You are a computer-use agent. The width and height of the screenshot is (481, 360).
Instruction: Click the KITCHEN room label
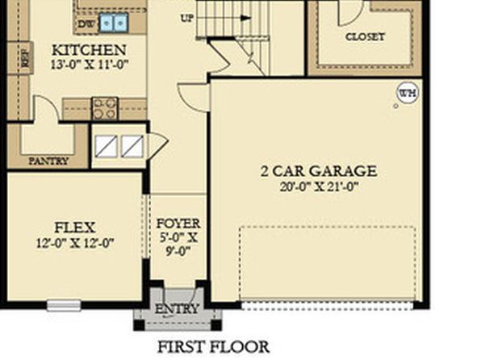[x=89, y=50]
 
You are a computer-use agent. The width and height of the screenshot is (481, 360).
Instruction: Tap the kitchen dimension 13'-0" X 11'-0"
[x=89, y=65]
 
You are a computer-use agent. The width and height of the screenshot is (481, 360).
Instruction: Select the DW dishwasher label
[x=86, y=24]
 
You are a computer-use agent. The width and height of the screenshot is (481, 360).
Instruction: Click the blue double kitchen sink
[x=114, y=23]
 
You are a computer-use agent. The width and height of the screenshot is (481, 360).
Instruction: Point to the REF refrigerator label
[x=26, y=59]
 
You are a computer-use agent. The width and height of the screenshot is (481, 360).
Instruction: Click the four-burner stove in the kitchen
[x=105, y=108]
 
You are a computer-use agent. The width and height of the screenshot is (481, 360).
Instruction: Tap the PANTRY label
[x=48, y=161]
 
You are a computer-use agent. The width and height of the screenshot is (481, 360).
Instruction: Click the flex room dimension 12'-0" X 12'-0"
[x=75, y=243]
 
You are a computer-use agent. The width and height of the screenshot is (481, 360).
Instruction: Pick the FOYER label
[x=178, y=223]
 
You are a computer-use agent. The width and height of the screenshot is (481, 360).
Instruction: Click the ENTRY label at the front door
[x=177, y=309]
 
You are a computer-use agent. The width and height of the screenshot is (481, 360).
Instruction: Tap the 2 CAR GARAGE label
[x=319, y=171]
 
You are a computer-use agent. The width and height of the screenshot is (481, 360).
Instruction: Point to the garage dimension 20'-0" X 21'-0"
[x=319, y=186]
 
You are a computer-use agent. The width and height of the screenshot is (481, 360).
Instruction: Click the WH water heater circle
[x=408, y=93]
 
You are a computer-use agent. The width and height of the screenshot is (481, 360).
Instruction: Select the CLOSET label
[x=365, y=37]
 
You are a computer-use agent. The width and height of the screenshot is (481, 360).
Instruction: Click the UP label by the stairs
[x=187, y=19]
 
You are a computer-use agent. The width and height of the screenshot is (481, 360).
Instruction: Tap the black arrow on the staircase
[x=245, y=19]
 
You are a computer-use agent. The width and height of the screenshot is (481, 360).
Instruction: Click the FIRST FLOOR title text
[x=214, y=347]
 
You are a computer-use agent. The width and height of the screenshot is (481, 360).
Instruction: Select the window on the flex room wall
[x=64, y=305]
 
